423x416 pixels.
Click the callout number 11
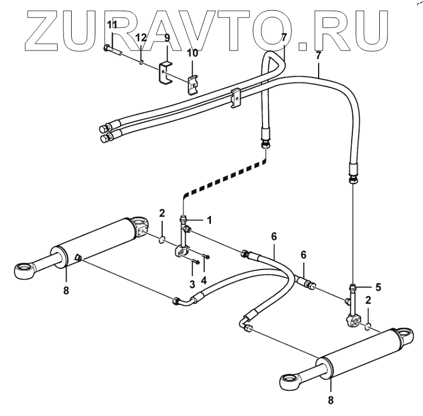pos(112,24)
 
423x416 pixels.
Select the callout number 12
pos(141,38)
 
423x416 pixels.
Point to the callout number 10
pos(192,53)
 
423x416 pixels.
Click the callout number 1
pos(209,221)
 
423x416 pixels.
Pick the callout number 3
pos(192,284)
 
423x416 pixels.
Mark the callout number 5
pos(378,287)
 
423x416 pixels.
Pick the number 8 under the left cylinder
pos(66,290)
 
